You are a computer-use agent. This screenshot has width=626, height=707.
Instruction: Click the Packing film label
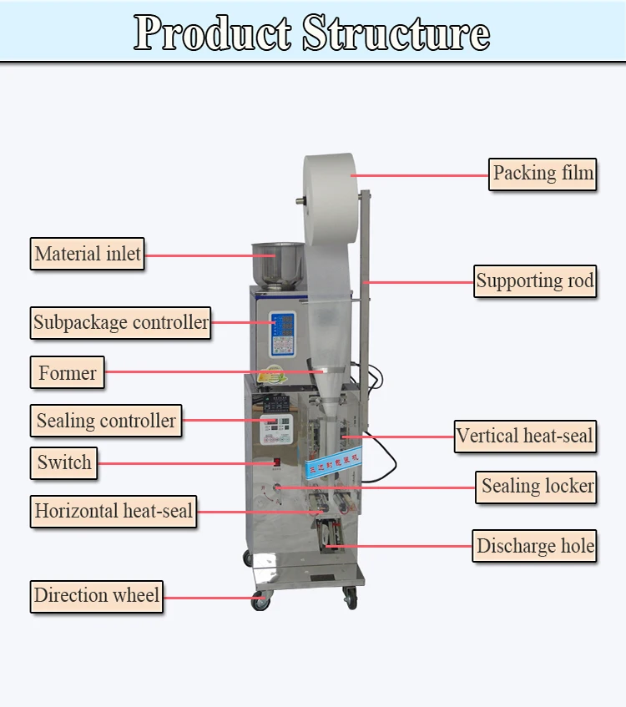(x=543, y=174)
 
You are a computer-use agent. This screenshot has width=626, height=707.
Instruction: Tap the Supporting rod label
(x=535, y=281)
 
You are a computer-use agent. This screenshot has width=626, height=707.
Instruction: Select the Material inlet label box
(x=88, y=254)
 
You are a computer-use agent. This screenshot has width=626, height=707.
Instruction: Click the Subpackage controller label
(x=121, y=322)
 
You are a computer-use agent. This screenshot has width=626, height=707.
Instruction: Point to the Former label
(x=68, y=372)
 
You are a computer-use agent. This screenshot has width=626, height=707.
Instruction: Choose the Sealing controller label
(x=106, y=421)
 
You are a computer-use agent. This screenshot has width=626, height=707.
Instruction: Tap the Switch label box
(x=64, y=462)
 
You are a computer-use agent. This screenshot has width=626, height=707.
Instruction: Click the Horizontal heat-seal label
(x=114, y=511)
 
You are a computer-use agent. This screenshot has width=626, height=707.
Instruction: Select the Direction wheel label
(x=97, y=596)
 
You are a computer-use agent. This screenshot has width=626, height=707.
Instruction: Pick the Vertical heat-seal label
(x=525, y=436)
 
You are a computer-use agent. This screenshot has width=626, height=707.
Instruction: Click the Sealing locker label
(x=538, y=486)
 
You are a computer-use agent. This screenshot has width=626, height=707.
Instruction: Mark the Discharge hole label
(x=535, y=547)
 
